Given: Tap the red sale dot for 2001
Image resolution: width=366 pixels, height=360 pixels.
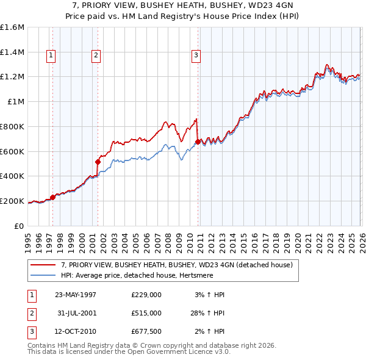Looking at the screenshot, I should click(x=98, y=162).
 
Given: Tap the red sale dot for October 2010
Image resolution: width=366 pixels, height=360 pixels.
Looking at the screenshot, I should click(x=198, y=142).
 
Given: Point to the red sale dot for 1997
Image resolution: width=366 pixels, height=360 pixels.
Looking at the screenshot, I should click(x=52, y=197).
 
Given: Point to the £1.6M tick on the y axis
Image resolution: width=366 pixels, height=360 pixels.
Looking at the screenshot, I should click(x=12, y=27).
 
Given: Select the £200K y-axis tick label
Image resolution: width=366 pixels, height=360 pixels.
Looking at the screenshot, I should click(x=12, y=201).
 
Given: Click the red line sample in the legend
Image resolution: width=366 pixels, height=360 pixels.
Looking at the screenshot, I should click(x=43, y=265).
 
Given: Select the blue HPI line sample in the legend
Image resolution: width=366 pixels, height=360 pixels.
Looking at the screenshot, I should click(x=43, y=275).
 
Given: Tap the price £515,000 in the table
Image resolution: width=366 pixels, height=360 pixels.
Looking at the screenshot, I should click(x=146, y=312).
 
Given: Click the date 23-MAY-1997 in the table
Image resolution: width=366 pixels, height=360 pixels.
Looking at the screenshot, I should click(x=76, y=294).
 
